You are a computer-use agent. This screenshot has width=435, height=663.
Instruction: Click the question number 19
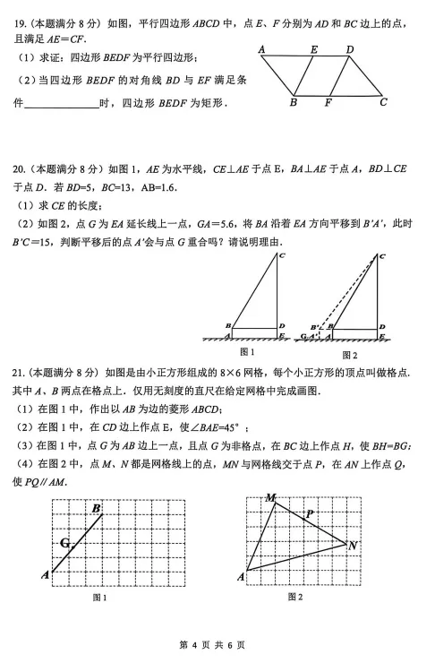tap(17, 16)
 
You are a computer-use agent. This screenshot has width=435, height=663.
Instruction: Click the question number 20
tap(18, 168)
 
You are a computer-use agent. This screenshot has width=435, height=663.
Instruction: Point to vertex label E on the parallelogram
tap(314, 50)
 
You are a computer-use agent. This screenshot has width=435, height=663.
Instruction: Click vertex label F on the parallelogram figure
tap(328, 102)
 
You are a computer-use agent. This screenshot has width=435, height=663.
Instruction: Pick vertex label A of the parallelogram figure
tap(262, 49)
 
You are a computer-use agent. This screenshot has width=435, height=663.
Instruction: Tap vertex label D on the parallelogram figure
tap(349, 49)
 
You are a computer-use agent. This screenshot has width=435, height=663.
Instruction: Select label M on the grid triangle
tap(269, 497)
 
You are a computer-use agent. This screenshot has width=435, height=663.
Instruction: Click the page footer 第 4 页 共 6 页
tap(217, 644)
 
